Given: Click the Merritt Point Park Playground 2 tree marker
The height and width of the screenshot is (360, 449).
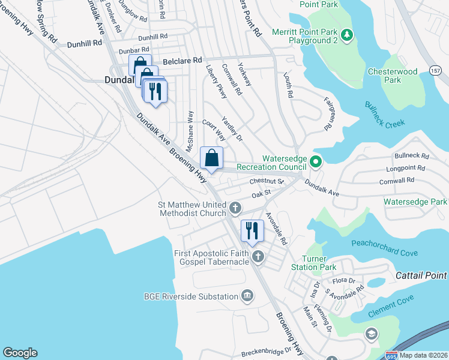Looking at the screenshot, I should tap(346, 36).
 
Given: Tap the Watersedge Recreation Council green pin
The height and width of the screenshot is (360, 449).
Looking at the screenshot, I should tap(316, 161).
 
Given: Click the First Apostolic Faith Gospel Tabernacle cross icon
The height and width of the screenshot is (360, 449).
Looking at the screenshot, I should tap(258, 257).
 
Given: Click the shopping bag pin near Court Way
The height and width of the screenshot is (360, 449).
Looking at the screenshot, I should tap(211, 158).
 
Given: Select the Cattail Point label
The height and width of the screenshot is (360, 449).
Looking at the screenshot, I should tap(421, 275).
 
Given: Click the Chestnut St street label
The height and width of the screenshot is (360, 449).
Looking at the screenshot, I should tap(266, 181).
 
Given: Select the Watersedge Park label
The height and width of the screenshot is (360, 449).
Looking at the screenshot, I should tap(415, 202).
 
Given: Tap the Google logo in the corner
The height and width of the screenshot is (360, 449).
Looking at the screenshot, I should tap(20, 353).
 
